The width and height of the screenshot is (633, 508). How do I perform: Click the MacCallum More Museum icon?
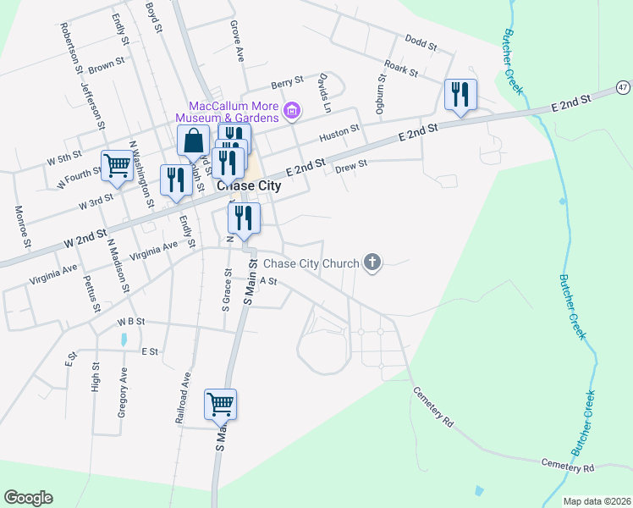click(292, 110)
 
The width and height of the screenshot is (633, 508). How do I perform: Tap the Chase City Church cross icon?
click(372, 262)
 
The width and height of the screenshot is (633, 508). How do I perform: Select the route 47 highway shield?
click(623, 87)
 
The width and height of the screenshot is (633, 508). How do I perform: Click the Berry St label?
click(287, 83)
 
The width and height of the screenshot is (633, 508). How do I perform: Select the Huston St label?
click(339, 133)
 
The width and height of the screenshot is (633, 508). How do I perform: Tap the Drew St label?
click(351, 166)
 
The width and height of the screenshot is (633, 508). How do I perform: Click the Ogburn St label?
click(381, 93)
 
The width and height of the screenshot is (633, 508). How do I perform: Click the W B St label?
click(131, 322)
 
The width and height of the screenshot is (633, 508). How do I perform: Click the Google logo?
click(28, 498)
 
